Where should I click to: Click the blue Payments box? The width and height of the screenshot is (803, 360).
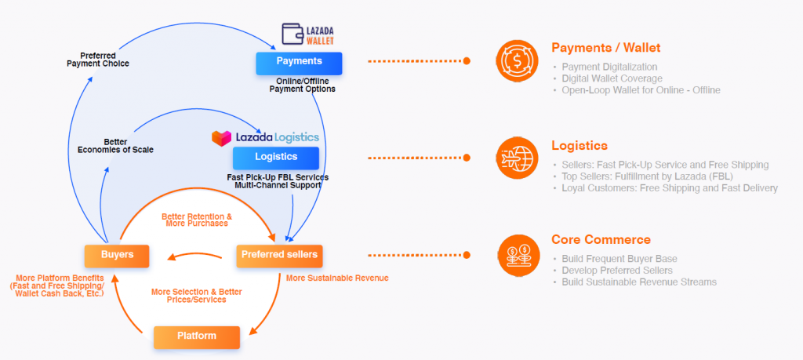pos(299,62)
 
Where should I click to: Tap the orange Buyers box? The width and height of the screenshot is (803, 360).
pos(117,255)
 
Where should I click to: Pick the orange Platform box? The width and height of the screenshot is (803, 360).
pos(196,336)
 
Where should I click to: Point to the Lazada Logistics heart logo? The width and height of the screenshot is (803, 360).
pos(222,137)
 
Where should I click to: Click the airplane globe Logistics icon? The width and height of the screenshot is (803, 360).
pos(518,157)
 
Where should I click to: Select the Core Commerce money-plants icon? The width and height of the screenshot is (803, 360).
pos(518,254)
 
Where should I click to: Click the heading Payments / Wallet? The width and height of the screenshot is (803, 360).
pos(605,48)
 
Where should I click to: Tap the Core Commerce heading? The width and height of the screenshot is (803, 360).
pos(601,240)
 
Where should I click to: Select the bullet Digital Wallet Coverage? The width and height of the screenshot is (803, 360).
pos(612,78)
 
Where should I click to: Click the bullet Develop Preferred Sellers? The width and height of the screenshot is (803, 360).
pos(617,271)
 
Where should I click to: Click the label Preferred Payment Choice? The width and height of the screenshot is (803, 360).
pos(98,60)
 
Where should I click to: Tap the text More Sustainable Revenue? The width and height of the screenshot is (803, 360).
pos(337,278)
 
